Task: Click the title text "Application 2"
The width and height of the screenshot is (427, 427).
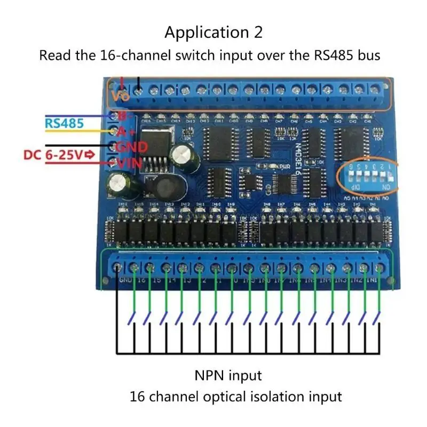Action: pyautogui.click(x=213, y=33)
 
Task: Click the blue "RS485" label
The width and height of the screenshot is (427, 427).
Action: pyautogui.click(x=64, y=123)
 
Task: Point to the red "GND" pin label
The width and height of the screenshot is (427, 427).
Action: pyautogui.click(x=131, y=146)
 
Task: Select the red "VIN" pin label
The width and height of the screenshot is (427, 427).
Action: pyautogui.click(x=129, y=163)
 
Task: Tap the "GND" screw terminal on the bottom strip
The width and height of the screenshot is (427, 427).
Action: pyautogui.click(x=118, y=266)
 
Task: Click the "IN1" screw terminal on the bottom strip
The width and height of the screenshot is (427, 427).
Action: pyautogui.click(x=381, y=266)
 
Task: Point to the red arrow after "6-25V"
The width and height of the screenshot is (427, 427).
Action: pyautogui.click(x=90, y=155)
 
